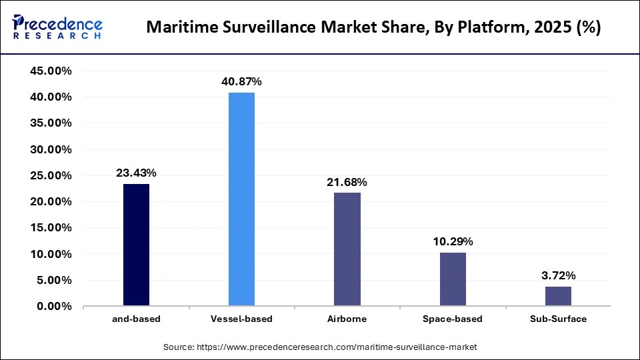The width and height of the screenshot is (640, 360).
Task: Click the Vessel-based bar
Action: [x=241, y=199]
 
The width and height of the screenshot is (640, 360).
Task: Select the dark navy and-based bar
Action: [x=136, y=245]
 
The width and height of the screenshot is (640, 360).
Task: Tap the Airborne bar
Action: [x=347, y=249]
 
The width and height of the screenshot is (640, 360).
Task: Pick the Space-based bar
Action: [x=453, y=279]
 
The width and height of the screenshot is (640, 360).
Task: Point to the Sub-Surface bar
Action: [x=558, y=297]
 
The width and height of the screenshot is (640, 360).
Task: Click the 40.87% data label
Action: [x=241, y=81]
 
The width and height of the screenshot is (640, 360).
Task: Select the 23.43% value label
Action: [x=136, y=173]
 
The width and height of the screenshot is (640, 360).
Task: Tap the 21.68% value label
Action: [x=347, y=182]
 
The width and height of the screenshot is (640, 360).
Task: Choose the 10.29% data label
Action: [x=453, y=241]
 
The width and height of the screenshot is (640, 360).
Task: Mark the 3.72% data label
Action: [x=558, y=275]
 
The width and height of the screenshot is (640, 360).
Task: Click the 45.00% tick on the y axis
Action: [x=52, y=71]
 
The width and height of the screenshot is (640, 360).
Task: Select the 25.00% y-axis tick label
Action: [x=52, y=176]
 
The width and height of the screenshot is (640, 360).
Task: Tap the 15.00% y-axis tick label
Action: [x=52, y=228]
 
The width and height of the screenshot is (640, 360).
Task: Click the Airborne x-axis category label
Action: [x=347, y=319]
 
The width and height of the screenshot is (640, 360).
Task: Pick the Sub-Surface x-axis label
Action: [x=558, y=319]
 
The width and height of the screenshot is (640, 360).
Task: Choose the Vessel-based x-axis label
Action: [x=241, y=319]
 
